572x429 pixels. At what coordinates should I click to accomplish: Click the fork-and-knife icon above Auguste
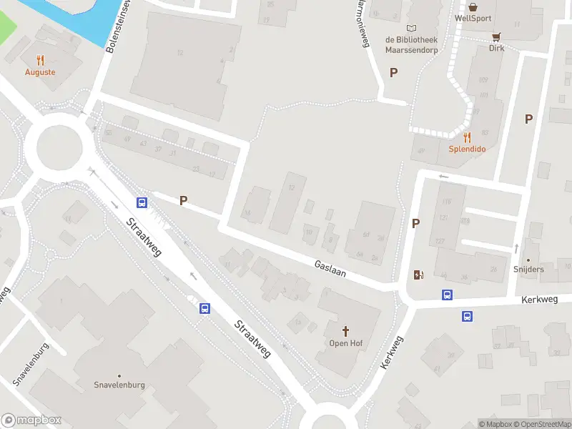click(x=40, y=61)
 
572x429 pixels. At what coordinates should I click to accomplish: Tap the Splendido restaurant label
click(x=467, y=149)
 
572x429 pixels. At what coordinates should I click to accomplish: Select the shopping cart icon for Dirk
click(x=495, y=37)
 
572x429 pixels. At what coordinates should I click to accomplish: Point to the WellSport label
click(x=473, y=18)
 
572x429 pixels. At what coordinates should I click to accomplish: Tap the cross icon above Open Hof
click(x=346, y=331)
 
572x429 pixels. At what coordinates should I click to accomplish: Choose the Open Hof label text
click(x=346, y=344)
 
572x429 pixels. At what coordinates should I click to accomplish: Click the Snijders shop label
click(x=528, y=270)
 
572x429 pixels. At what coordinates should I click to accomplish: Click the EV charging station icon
click(x=418, y=275)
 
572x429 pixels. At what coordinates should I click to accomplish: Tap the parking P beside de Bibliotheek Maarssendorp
click(x=393, y=72)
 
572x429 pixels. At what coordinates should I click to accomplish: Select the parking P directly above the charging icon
click(x=415, y=224)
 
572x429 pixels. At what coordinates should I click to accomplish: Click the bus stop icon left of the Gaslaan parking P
click(x=142, y=202)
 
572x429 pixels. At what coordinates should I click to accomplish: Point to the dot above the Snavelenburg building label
click(x=119, y=375)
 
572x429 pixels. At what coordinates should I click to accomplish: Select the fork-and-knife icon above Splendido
click(x=467, y=137)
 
